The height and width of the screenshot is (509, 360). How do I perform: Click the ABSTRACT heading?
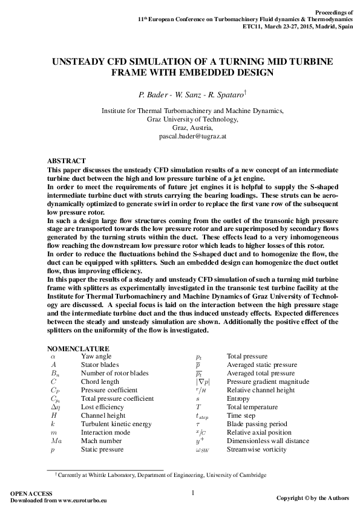point(67,161)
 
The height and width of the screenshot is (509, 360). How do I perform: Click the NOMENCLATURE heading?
point(78,349)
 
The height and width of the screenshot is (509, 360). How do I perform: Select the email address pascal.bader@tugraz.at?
point(192,137)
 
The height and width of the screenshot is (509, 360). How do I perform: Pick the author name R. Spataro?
point(224,95)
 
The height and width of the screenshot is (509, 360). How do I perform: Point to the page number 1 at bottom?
point(192,493)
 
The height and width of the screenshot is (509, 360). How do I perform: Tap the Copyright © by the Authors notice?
point(312,498)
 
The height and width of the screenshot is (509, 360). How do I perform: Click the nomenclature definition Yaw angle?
point(96,357)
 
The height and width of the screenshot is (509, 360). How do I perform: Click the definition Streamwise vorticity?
point(254,450)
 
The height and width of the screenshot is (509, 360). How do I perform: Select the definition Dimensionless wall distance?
point(266,441)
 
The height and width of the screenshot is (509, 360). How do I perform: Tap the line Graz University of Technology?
point(192,120)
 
